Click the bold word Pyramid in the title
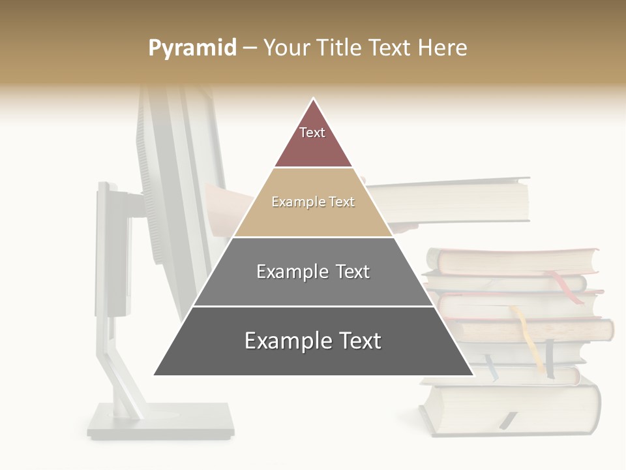(x=192, y=48)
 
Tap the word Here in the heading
(x=443, y=48)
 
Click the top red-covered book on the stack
(x=515, y=260)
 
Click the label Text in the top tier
(x=312, y=133)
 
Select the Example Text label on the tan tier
(x=313, y=202)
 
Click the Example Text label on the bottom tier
(x=313, y=341)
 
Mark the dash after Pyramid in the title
(x=250, y=48)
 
